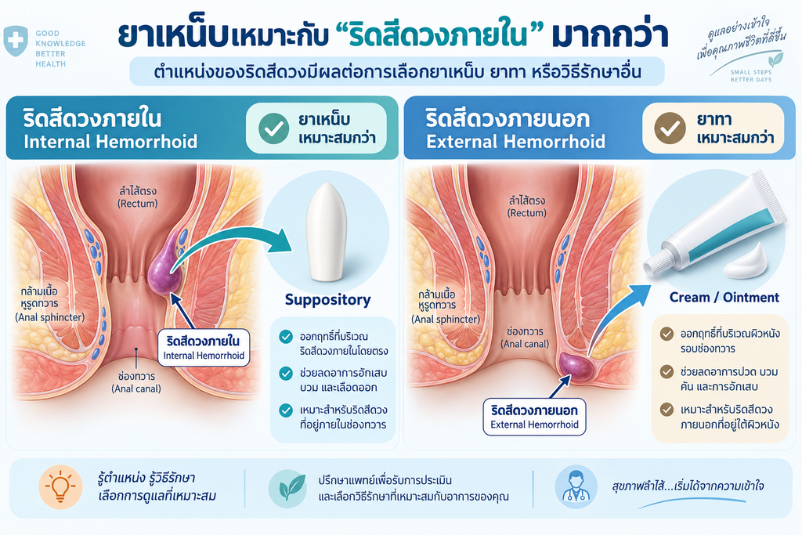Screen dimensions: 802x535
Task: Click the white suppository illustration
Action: point(326,232)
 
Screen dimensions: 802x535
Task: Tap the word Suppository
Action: point(328,300)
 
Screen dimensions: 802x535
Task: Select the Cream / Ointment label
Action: point(724,297)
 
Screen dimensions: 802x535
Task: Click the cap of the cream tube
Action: point(656,262)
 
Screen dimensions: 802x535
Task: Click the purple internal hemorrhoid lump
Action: point(164,266)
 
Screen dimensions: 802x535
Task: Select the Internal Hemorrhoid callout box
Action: point(204,347)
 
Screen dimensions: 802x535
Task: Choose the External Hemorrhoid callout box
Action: point(534,417)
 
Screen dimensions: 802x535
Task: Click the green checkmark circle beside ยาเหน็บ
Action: point(273,128)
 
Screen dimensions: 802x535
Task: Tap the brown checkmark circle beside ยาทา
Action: point(670,128)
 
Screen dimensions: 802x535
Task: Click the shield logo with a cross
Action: point(16,41)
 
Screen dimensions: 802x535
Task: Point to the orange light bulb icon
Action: point(60,486)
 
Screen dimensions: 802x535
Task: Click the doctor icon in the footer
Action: point(576,486)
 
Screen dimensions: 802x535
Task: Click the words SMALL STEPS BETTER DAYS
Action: point(751,76)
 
